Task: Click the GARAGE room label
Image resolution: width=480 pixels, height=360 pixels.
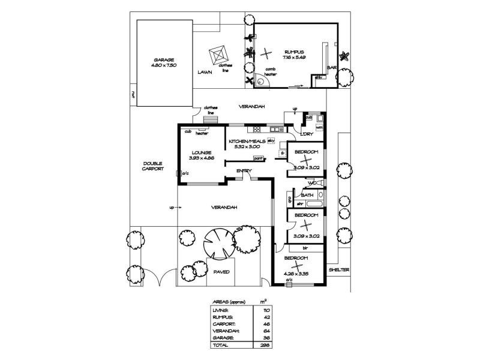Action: pos(164,59)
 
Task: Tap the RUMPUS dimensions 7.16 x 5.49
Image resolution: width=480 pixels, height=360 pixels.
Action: pos(295,57)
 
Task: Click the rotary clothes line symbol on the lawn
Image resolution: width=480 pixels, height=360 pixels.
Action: pos(218,56)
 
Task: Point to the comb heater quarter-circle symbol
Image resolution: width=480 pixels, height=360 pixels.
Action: pos(260,83)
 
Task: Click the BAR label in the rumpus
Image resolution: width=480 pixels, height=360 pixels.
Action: pos(331,68)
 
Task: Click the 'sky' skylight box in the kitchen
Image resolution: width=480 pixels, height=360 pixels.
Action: pos(271,140)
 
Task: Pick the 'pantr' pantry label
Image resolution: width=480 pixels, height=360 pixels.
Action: pos(259,158)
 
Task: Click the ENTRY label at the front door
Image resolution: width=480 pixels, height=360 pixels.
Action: pos(244,171)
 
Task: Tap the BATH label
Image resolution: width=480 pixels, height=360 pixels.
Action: pos(307,195)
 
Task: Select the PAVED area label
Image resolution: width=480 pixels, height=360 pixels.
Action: pos(222,271)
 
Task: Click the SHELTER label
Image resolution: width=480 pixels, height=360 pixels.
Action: pos(338,269)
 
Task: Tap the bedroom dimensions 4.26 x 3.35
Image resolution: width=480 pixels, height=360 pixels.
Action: pos(296,273)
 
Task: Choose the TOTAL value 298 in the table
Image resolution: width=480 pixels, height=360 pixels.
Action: pos(262,345)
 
